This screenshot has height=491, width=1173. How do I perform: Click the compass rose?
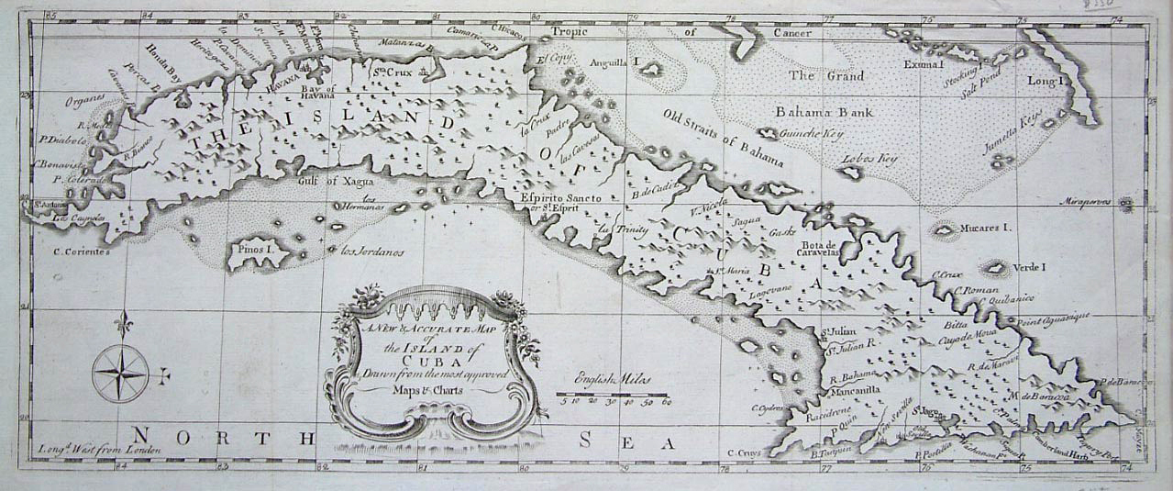point(121,371)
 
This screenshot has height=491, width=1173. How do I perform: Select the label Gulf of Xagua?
point(327,181)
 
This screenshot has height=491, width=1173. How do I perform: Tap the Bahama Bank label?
point(824,112)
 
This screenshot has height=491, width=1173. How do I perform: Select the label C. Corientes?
point(82,250)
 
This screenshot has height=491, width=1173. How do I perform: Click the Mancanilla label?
point(855,388)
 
